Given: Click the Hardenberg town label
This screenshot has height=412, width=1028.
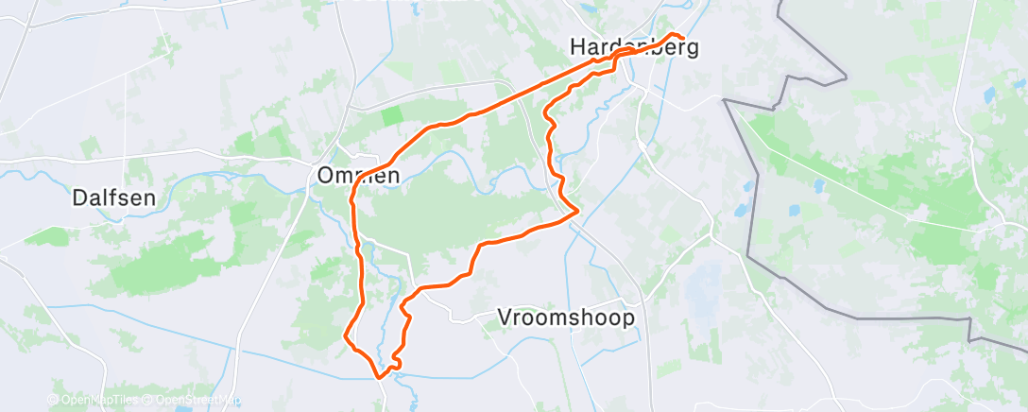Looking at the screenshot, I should pyautogui.click(x=634, y=46).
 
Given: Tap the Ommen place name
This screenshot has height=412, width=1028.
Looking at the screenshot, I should pyautogui.click(x=358, y=176).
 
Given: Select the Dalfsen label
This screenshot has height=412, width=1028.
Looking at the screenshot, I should pyautogui.click(x=113, y=198).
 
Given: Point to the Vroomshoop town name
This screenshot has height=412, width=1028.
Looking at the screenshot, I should pyautogui.click(x=566, y=318).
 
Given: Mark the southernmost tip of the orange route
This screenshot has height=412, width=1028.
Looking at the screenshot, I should pyautogui.click(x=381, y=377).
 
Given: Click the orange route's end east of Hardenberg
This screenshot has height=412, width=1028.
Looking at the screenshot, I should pyautogui.click(x=682, y=39).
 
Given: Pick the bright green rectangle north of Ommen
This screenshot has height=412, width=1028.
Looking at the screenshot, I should pyautogui.click(x=390, y=116).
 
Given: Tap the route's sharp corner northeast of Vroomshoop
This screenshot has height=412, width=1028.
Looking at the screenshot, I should pyautogui.click(x=577, y=215).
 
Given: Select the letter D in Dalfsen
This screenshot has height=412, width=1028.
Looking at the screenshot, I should pyautogui.click(x=80, y=198).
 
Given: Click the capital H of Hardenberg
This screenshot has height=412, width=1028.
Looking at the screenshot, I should pyautogui.click(x=578, y=46).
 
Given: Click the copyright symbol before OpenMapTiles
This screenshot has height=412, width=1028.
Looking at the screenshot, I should pyautogui.click(x=53, y=401).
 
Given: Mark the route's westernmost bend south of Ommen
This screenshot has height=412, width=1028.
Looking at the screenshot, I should pyautogui.click(x=345, y=335).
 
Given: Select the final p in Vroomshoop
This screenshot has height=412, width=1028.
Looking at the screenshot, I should pyautogui.click(x=628, y=319).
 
